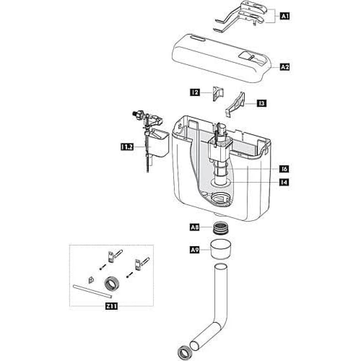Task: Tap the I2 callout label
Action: pos(195,93)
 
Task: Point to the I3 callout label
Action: pos(262,103)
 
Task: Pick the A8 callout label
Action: pos(195,227)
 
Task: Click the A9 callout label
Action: pos(195,249)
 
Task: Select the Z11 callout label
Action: pos(111,306)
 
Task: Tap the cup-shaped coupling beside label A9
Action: pos(221,249)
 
